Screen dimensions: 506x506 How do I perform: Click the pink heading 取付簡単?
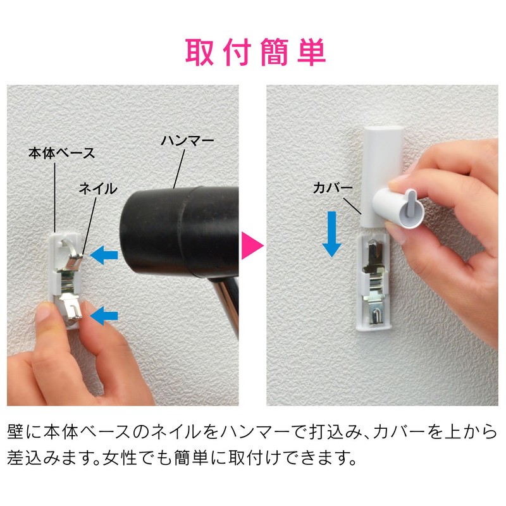point(255,52)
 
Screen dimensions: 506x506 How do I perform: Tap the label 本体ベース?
point(61,153)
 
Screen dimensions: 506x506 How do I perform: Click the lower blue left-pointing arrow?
point(102,314)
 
